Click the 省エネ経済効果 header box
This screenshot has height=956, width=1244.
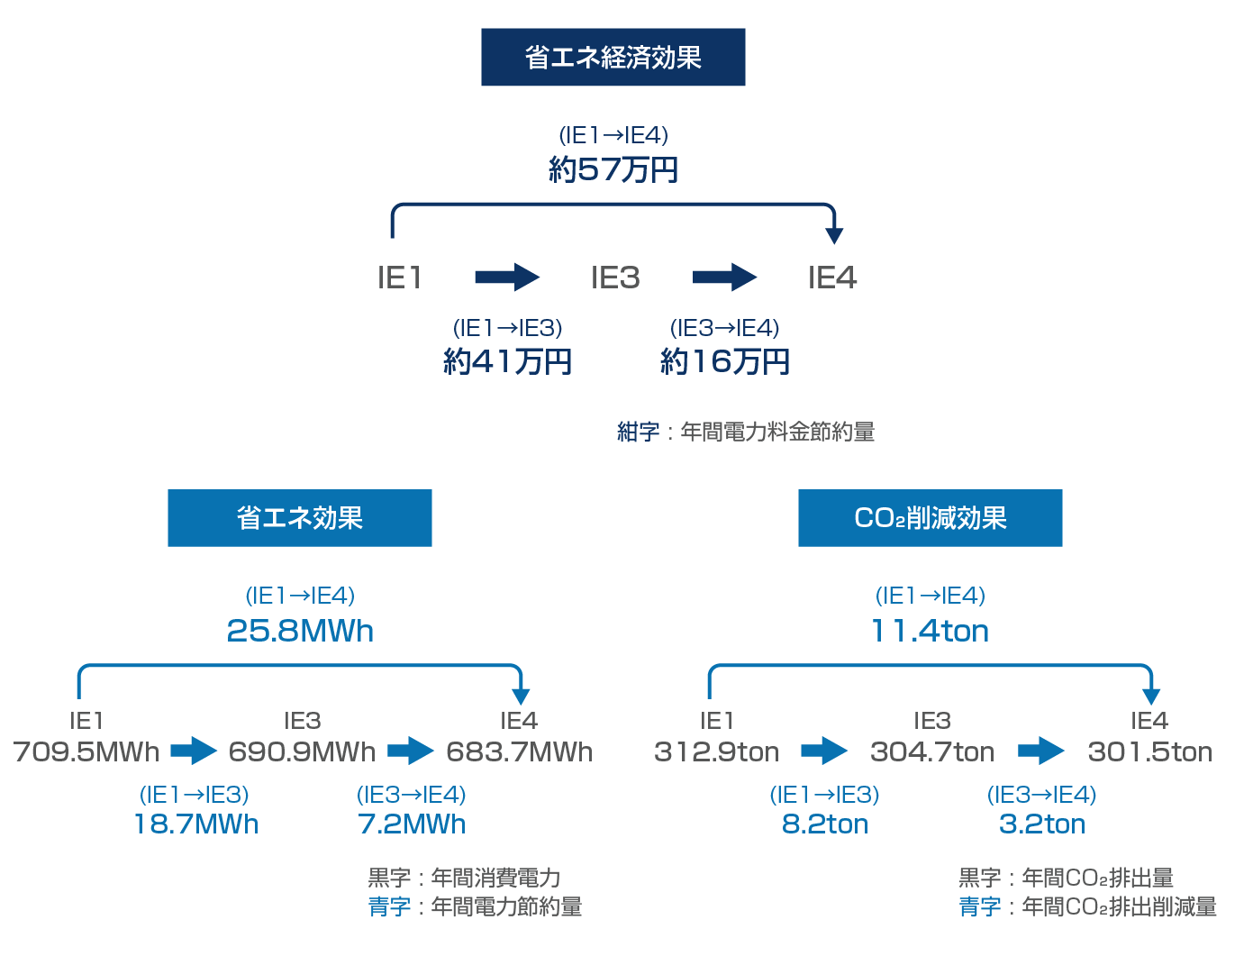(613, 58)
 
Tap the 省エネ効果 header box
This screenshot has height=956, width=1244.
(299, 518)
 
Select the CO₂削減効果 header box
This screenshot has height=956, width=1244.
(930, 518)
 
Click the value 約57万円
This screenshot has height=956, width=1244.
(613, 169)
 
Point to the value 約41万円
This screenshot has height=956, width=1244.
(508, 362)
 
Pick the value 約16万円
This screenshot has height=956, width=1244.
(725, 362)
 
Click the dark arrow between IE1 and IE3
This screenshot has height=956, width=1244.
(507, 277)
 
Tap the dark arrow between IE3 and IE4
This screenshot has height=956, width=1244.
(724, 277)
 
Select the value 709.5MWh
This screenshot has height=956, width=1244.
(86, 751)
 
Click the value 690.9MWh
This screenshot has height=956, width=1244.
(302, 751)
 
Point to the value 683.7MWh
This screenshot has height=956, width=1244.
(520, 751)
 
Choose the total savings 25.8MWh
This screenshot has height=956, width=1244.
(300, 631)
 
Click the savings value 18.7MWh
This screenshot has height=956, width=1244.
(196, 824)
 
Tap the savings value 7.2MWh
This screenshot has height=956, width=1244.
(412, 824)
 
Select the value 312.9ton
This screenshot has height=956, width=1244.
(717, 751)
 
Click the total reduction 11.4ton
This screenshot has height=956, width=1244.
(930, 631)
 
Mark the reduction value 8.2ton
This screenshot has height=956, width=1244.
(825, 824)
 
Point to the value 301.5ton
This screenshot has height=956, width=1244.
(1150, 751)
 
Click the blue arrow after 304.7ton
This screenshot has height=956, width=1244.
(1041, 751)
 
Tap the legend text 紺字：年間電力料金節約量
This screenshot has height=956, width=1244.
(746, 432)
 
